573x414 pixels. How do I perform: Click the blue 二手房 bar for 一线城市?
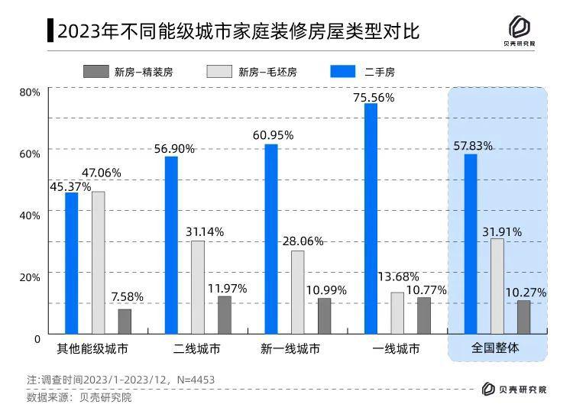point(371,218)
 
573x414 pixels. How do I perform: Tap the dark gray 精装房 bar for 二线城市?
point(224,315)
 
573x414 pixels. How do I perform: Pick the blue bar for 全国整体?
point(471,244)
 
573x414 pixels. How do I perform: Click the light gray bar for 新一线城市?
point(297,292)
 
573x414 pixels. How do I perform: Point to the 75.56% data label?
point(374,98)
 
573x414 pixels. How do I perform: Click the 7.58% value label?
point(127,296)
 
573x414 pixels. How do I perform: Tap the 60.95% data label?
point(273,135)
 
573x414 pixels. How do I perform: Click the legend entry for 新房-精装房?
point(128,72)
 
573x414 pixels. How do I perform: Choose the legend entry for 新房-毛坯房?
point(252,72)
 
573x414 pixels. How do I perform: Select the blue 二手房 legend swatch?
point(343,72)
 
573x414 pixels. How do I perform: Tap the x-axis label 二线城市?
point(196,349)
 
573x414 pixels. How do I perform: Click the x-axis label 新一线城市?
point(290,349)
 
